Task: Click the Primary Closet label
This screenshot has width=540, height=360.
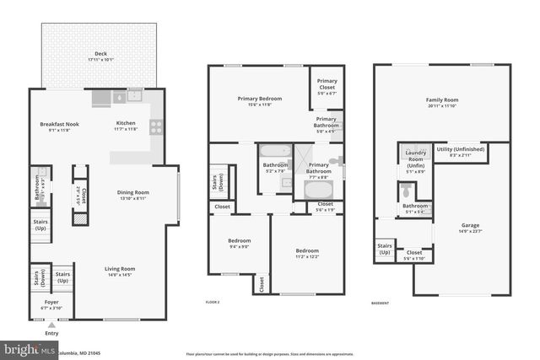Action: point(327,83)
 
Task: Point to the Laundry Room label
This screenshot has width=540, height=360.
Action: point(415,155)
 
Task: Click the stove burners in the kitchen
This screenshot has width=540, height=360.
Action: point(155,127)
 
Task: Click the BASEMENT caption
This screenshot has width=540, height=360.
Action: point(381,302)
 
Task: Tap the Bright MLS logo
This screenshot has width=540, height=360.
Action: point(25,347)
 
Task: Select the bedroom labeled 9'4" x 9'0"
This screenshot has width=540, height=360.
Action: point(239,244)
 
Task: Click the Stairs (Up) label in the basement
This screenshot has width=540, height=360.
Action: point(385,250)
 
